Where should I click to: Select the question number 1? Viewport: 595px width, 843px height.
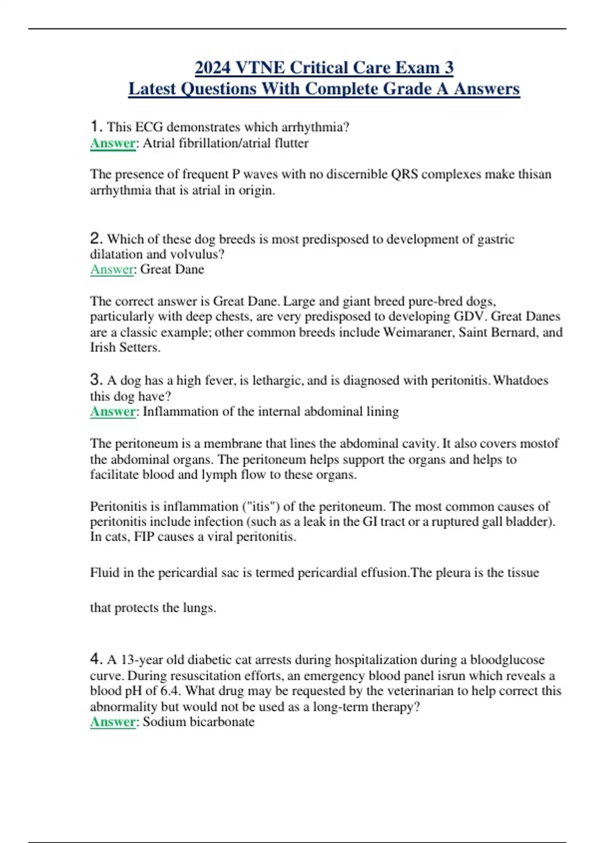96,126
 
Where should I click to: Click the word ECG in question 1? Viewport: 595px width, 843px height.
149,127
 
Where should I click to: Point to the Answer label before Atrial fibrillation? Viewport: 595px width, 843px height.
113,143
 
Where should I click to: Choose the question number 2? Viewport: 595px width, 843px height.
96,239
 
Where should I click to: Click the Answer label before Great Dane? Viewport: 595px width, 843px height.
112,269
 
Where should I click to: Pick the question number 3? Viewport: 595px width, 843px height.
96,380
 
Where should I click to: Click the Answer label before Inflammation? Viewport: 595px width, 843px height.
113,412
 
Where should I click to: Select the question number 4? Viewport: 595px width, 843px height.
96,659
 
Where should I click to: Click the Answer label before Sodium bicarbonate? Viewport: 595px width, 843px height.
113,722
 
